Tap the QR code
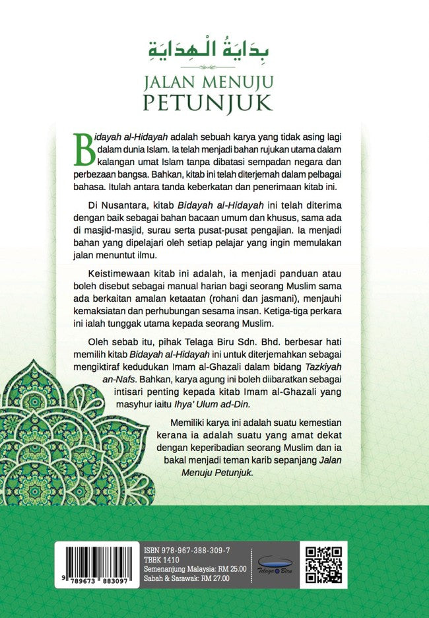(324, 564)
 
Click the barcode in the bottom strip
(97, 560)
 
